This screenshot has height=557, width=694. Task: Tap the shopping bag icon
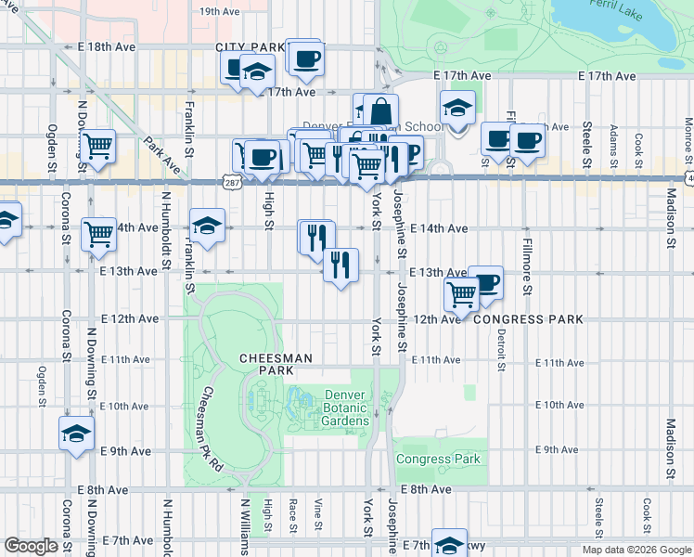(380, 112)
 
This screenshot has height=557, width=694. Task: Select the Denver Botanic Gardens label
(346, 408)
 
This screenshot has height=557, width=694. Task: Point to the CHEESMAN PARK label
(275, 363)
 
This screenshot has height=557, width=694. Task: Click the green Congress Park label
(439, 459)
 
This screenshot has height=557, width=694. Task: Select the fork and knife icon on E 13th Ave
(341, 266)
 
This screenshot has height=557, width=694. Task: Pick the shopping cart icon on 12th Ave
(461, 294)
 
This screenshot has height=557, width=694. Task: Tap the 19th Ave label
(220, 12)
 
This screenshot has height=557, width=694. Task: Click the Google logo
(30, 546)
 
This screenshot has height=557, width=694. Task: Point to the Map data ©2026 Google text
(636, 550)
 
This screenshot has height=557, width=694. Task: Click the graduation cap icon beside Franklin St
(207, 226)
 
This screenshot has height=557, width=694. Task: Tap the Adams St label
(614, 143)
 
